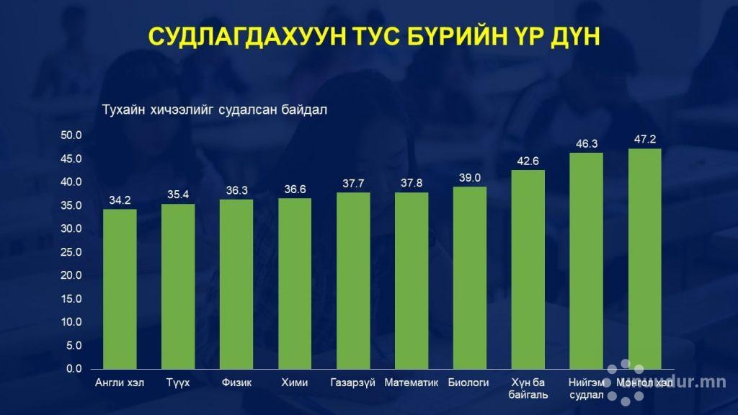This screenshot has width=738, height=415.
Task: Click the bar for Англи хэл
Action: (120, 288)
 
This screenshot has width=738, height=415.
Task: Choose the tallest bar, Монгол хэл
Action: (645, 259)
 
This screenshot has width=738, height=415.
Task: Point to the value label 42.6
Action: (528, 161)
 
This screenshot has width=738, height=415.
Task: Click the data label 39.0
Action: (469, 177)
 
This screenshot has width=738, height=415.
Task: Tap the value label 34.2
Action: (120, 200)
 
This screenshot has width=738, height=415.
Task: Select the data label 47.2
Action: (645, 139)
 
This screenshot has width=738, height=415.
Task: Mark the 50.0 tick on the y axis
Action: (74, 135)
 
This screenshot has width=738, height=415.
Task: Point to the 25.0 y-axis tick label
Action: (74, 252)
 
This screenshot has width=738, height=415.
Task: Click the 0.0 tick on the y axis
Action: (76, 369)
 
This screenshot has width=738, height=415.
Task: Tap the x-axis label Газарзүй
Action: (352, 383)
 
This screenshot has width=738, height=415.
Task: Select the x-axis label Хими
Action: (295, 383)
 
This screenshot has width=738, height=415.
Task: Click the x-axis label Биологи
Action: (469, 383)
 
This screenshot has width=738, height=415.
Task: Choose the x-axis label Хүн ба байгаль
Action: (528, 388)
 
